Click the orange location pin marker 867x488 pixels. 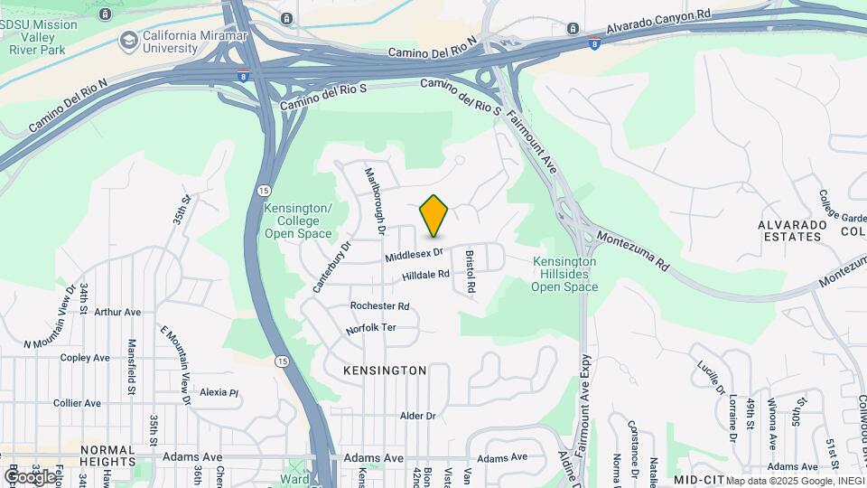434,216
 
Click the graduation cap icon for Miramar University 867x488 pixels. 128,40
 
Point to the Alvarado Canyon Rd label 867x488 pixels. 659,17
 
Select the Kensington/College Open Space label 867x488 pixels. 298,221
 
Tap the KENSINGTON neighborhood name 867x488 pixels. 385,371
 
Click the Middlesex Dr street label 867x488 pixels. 415,256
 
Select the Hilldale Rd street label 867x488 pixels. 426,275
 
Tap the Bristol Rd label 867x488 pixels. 470,271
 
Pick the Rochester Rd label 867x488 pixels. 380,306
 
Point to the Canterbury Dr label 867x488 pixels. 331,266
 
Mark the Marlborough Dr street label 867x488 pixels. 375,202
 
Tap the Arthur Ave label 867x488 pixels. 117,312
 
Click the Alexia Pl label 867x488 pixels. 219,392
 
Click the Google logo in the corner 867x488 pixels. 29,476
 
